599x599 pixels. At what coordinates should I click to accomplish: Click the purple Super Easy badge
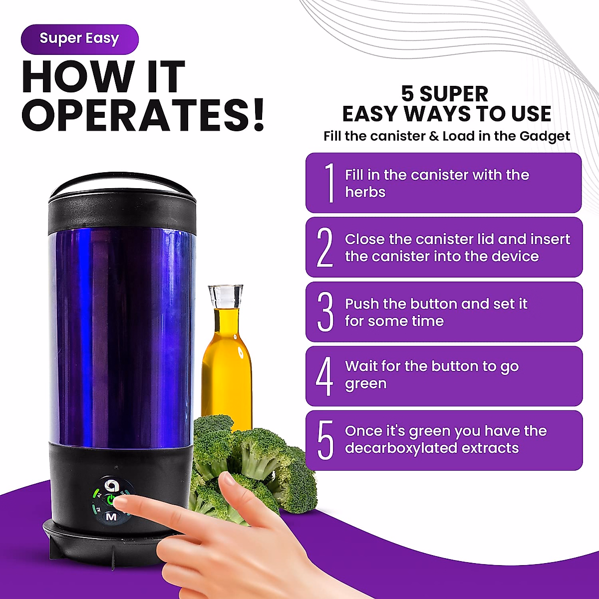tap(79, 39)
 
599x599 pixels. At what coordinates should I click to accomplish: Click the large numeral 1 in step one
tap(329, 183)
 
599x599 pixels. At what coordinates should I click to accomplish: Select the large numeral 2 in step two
tap(325, 247)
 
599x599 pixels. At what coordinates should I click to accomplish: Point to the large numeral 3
tap(325, 312)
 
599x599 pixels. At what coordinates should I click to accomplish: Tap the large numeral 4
tap(324, 376)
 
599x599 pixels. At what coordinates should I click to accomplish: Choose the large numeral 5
tap(325, 440)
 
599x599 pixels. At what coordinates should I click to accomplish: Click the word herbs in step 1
tap(365, 192)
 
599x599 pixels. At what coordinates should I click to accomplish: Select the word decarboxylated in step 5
tap(401, 448)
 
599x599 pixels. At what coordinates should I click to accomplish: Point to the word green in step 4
tap(365, 384)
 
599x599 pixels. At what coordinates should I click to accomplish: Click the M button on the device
tap(111, 517)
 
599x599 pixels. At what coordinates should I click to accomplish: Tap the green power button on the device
tap(111, 500)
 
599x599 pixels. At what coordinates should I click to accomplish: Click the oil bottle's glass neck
tap(226, 297)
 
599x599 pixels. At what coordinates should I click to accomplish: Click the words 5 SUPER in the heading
tap(445, 94)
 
